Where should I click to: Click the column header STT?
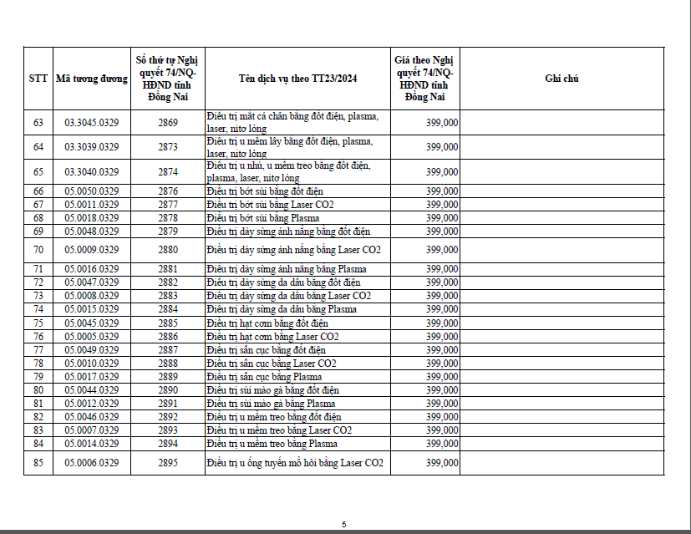tap(38, 79)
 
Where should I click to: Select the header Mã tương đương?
tap(91, 79)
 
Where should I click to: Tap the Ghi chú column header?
tap(561, 79)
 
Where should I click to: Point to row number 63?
tap(38, 123)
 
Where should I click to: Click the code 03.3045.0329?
tap(92, 123)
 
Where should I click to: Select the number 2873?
tap(168, 147)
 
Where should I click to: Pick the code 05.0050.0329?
tap(92, 191)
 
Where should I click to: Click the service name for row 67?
tap(270, 205)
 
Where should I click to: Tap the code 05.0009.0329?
tap(92, 250)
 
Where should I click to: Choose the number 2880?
tap(168, 250)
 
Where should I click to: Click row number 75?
tap(38, 323)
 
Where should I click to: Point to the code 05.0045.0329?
tap(92, 323)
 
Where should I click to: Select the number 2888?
tap(168, 364)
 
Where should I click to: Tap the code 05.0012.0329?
tap(92, 404)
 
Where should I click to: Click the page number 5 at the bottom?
tap(343, 524)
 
